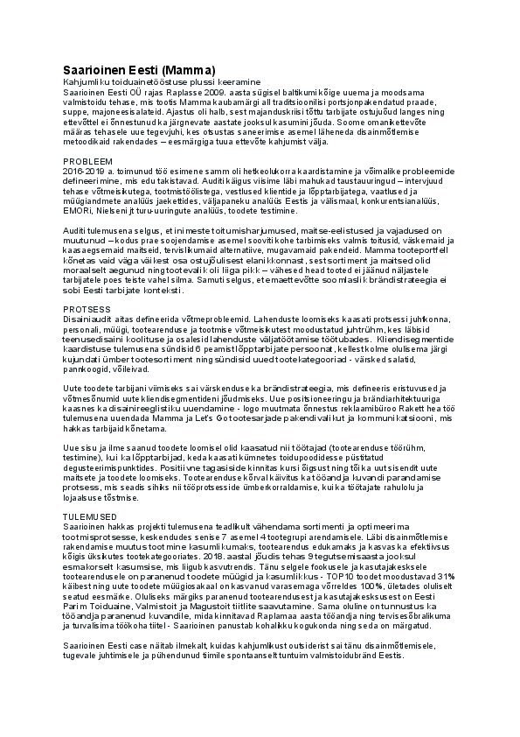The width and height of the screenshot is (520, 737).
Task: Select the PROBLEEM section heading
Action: [87, 162]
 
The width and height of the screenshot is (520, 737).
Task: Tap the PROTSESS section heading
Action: [87, 309]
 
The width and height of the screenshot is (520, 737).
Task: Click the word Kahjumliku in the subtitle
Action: [85, 81]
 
